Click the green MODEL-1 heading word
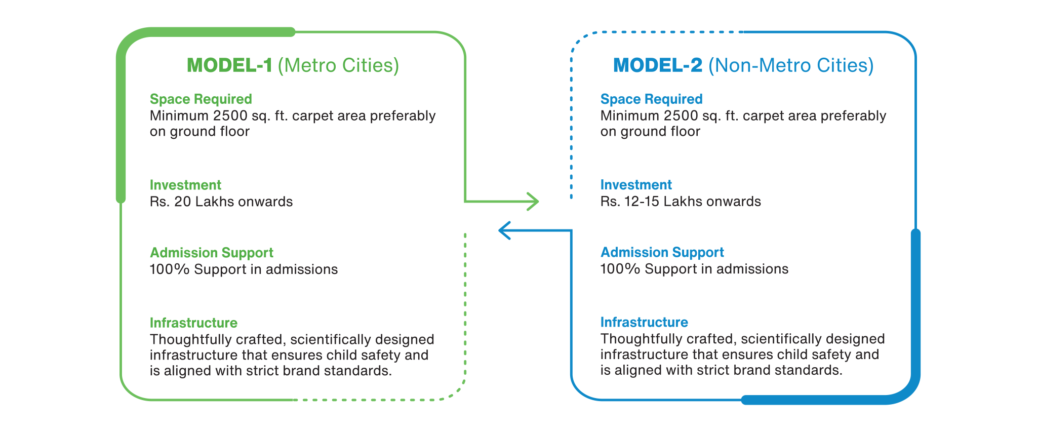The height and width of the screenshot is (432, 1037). point(229,65)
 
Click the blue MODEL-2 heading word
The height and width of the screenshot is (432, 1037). point(658,65)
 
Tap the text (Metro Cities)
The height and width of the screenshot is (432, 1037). point(338,65)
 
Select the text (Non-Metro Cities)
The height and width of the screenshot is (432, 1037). point(791,65)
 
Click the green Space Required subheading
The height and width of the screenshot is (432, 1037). point(201,99)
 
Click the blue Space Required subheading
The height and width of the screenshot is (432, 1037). point(651,99)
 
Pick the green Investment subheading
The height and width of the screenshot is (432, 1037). point(185,185)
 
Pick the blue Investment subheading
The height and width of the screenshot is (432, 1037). point(636,185)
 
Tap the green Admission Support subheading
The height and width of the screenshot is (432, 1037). point(211,253)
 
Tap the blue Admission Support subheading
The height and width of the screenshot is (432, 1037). point(662,252)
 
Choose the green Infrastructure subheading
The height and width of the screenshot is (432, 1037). point(193,323)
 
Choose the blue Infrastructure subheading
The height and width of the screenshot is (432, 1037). point(644,322)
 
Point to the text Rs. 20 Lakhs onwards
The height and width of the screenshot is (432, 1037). point(221,202)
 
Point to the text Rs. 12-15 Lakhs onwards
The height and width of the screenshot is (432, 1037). point(681,202)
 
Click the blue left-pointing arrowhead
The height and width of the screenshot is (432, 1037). point(504,230)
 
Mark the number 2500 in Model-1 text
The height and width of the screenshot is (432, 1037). point(230,116)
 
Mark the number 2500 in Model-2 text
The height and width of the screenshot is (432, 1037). point(681,116)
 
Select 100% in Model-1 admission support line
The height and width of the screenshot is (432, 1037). point(169,269)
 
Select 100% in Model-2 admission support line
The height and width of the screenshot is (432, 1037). point(620,269)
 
